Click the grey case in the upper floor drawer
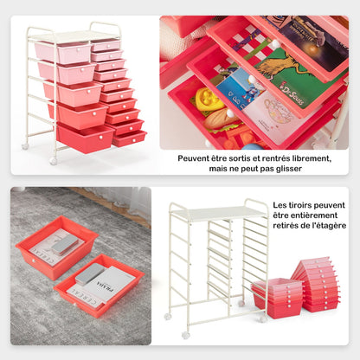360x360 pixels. pos(63,246)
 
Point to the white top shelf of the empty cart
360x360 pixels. pos(217,213)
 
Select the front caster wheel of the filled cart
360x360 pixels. pos(54,161)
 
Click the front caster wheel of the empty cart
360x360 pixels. pos(185,334)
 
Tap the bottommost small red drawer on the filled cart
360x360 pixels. pos(130,138)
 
